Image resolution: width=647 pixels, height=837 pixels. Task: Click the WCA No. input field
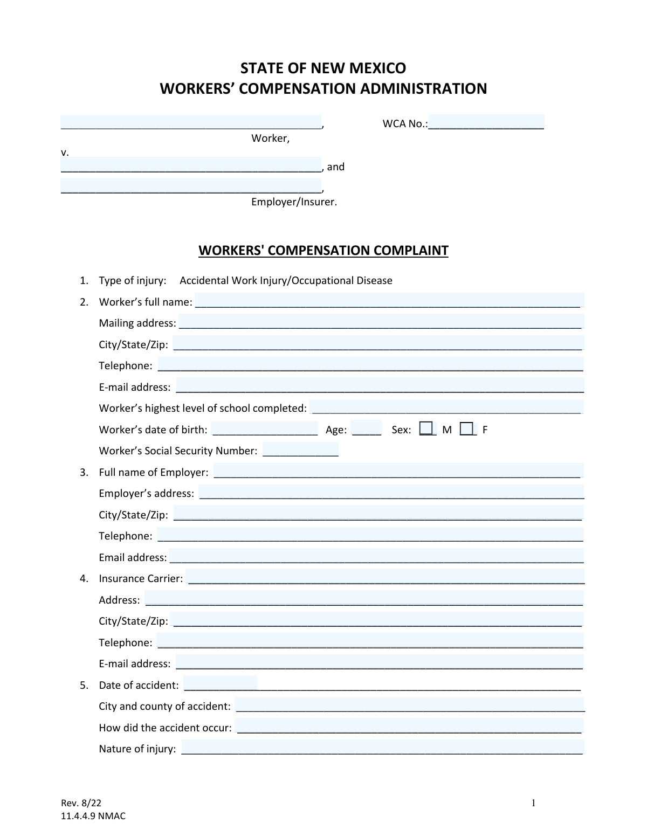point(486,122)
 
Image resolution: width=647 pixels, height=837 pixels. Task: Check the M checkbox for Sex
point(426,428)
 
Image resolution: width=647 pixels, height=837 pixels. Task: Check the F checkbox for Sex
point(467,428)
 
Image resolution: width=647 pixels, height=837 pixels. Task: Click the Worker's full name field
point(388,300)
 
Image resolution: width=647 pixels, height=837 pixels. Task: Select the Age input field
point(367,428)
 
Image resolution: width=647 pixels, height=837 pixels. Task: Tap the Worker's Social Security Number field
point(300,449)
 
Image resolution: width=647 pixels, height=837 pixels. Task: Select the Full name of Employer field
point(398,471)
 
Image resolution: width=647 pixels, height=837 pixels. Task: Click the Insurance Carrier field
point(385,577)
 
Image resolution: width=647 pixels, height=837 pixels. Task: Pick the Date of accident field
point(221,683)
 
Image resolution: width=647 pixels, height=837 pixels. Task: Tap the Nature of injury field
point(382,747)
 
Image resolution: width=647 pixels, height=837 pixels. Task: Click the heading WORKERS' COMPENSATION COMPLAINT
point(323,251)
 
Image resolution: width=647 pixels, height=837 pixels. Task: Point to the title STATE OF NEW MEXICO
point(323,68)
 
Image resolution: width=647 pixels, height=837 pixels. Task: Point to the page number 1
point(533,804)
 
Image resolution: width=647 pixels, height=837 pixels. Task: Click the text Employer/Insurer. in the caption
point(294,202)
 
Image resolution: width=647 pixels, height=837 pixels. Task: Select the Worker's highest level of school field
point(447,407)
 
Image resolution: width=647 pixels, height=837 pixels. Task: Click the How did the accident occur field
point(409,726)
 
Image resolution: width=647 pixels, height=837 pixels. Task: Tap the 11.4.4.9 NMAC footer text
point(93,816)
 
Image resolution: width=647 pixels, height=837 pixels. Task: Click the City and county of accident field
point(410,704)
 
